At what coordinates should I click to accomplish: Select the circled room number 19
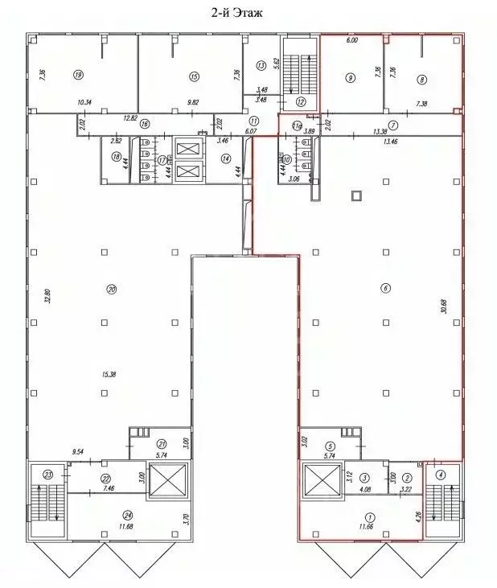click(78, 76)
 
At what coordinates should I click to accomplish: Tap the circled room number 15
click(194, 76)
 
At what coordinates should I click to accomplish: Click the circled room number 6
click(386, 289)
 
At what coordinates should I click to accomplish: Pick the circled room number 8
click(422, 79)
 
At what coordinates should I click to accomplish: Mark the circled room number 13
click(261, 65)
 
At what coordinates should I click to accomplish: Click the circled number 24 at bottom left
click(106, 516)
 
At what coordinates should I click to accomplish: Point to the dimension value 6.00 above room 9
click(351, 40)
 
